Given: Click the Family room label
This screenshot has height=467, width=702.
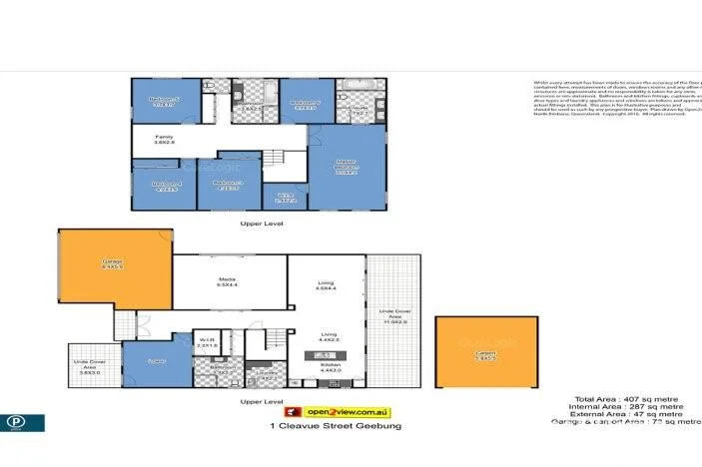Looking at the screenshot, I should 165,140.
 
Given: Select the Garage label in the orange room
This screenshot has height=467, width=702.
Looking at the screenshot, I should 111,265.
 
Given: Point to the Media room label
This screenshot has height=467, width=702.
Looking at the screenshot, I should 230,283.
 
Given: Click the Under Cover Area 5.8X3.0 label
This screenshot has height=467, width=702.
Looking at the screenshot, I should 85,365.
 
